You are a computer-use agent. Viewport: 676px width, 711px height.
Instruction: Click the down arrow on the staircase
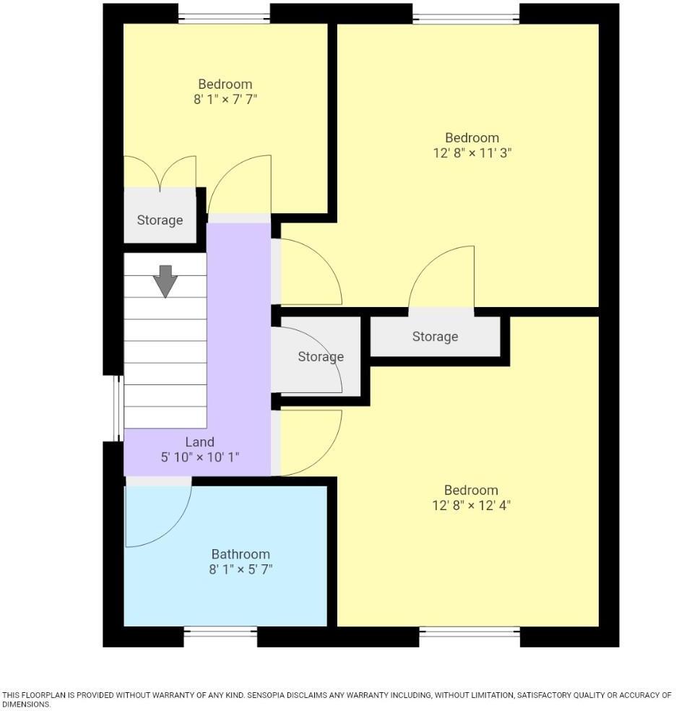pos(165,281)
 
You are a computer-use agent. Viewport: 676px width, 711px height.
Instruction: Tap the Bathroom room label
pos(240,554)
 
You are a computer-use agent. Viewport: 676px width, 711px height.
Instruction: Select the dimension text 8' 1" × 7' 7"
pos(225,100)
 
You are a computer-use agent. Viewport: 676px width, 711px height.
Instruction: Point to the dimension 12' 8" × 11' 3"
pos(472,153)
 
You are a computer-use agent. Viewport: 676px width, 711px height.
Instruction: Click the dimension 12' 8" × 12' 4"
pos(471,505)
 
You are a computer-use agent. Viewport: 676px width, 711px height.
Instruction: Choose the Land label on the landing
pos(199,442)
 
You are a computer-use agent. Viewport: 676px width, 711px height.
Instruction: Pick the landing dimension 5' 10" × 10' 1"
pos(199,457)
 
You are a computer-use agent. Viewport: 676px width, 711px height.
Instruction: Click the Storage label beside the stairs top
pos(160,220)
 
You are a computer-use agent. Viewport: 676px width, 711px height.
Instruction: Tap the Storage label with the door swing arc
pos(321,357)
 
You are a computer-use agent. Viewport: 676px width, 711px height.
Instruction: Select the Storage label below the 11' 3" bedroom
pos(435,337)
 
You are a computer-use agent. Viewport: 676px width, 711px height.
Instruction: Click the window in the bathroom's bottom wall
pos(220,635)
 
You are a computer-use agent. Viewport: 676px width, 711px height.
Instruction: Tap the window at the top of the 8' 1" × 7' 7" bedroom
pos(224,14)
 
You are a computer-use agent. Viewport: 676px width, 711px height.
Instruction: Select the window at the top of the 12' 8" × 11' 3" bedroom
pos(466,14)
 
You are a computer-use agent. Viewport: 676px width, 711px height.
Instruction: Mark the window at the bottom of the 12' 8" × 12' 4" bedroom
pos(469,635)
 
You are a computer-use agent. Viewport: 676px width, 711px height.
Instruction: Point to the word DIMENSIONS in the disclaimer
pos(26,704)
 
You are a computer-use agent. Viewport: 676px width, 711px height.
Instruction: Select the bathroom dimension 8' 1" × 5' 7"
pos(240,569)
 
